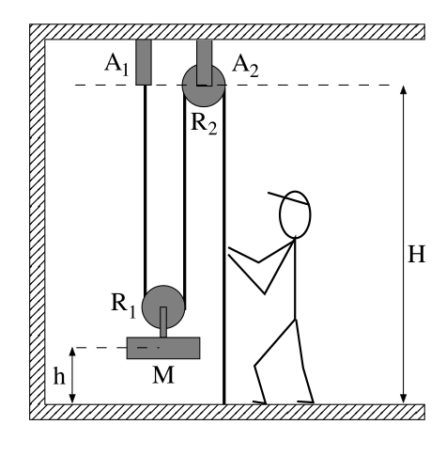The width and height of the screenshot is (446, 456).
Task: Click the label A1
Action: tap(116, 65)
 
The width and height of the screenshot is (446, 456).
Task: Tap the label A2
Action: tap(245, 66)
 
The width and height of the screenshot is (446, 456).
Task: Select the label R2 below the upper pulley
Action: tap(204, 124)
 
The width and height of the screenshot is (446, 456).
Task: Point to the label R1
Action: tap(124, 307)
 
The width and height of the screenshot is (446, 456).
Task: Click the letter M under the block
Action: tap(163, 375)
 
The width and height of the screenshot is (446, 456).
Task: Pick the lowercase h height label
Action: tap(59, 376)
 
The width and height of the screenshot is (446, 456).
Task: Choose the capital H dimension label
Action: tap(417, 254)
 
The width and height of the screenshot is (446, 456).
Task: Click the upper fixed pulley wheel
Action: tap(204, 86)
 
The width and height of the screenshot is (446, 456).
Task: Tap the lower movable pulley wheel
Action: tap(163, 307)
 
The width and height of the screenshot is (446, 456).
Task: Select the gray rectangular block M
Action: tap(163, 348)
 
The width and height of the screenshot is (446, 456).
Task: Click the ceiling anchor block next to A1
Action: tap(144, 62)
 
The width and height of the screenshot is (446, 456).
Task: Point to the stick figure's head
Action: tap(295, 214)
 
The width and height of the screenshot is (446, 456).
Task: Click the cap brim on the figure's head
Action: tap(288, 198)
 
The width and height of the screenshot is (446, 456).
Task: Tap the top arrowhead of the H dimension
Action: tap(404, 89)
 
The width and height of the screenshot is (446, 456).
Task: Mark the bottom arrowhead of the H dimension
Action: tap(404, 399)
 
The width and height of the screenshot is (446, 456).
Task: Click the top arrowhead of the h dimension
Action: tap(72, 352)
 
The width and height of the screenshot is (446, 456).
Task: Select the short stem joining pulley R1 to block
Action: tap(163, 322)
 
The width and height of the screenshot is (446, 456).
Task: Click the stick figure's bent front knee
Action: tap(255, 366)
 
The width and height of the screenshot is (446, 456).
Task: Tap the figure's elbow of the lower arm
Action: tap(265, 293)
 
